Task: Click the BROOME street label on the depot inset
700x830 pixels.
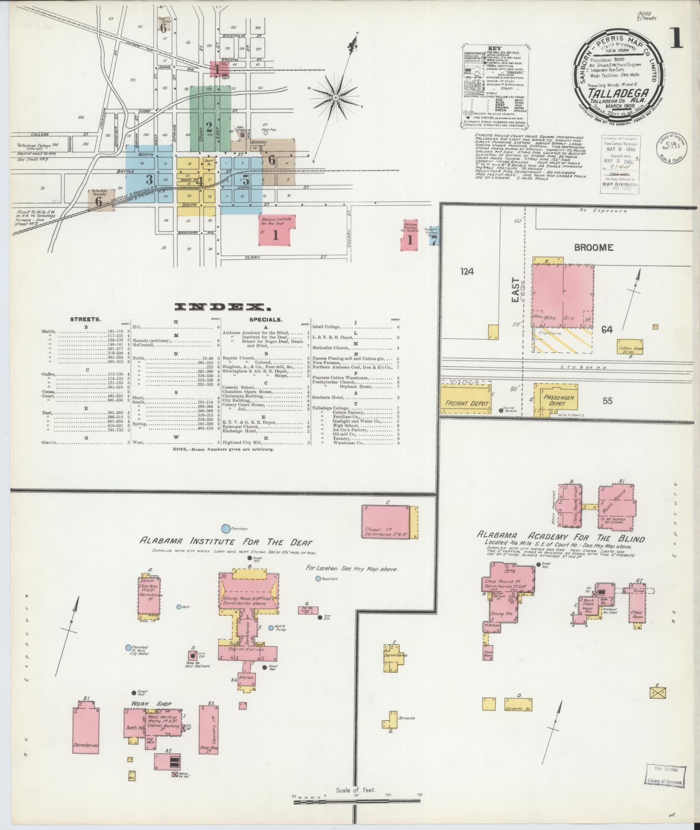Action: pyautogui.click(x=594, y=248)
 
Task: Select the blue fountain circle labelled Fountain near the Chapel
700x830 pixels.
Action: pyautogui.click(x=226, y=528)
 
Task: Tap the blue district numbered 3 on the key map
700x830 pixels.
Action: pyautogui.click(x=149, y=174)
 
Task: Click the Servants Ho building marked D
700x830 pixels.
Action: pyautogui.click(x=519, y=715)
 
